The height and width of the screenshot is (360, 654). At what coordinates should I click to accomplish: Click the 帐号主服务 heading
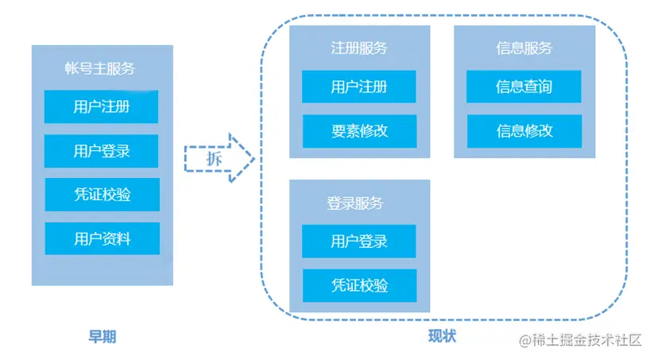[x=101, y=69]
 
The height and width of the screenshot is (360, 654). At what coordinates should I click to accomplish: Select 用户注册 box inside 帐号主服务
[x=101, y=106]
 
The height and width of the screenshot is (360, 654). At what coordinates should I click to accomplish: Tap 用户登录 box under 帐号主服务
[x=101, y=150]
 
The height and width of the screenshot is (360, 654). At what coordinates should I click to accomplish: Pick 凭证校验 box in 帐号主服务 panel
[x=102, y=194]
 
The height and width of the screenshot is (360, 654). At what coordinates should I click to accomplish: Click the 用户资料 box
[x=102, y=238]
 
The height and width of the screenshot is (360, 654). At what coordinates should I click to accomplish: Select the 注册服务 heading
[x=359, y=48]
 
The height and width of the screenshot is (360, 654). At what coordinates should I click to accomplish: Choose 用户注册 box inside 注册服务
[x=359, y=87]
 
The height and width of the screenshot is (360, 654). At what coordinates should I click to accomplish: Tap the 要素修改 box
[x=359, y=131]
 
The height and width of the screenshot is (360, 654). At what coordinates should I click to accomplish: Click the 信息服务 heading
[x=524, y=48]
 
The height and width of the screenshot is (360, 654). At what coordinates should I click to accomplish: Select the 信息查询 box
[x=524, y=87]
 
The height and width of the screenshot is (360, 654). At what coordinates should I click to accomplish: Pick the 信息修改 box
[x=524, y=131]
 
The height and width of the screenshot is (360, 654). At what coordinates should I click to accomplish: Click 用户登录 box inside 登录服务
[x=359, y=241]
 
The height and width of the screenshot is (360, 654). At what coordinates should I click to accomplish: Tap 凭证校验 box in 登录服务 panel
[x=359, y=285]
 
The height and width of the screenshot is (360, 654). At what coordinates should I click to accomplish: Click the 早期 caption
[x=102, y=336]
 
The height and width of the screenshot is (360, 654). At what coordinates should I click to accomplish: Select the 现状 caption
[x=442, y=336]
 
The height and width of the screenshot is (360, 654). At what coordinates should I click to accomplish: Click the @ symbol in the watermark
[x=525, y=340]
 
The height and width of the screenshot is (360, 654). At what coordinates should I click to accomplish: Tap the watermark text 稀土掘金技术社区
[x=587, y=340]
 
